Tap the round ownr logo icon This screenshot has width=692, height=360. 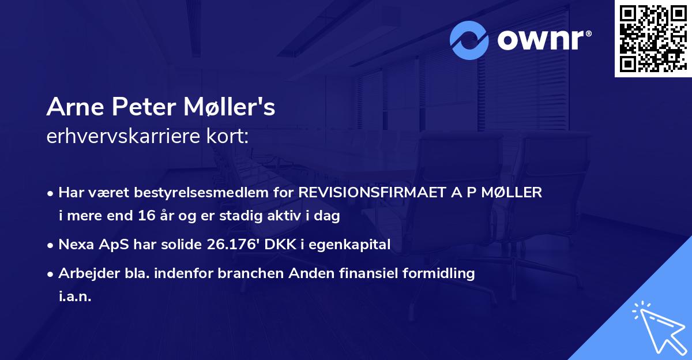[470, 40]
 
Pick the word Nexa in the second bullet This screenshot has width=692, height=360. [76, 245]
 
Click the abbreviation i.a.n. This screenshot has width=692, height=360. [76, 297]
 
